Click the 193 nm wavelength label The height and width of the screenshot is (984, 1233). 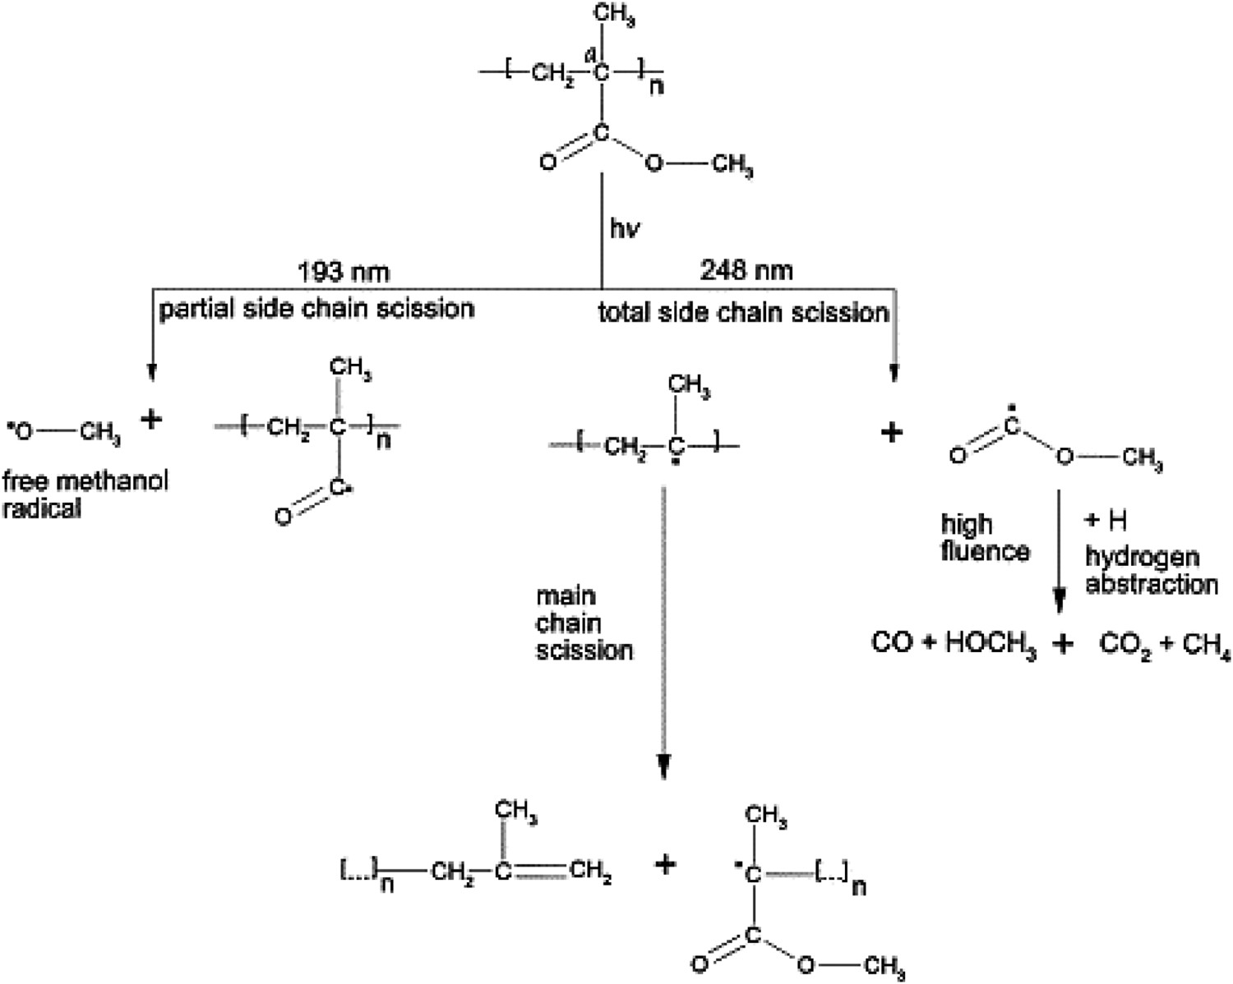click(344, 271)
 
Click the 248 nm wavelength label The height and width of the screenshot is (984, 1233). click(746, 270)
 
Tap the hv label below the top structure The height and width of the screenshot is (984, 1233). click(625, 228)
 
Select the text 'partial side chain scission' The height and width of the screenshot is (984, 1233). click(316, 309)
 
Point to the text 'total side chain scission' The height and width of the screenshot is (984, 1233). click(744, 313)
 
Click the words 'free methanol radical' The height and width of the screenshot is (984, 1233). click(85, 494)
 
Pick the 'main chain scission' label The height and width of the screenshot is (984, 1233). click(584, 624)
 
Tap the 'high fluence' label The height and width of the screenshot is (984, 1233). click(985, 538)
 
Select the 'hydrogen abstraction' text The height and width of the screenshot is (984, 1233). click(1152, 571)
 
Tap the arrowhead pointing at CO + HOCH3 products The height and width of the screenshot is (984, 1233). click(1060, 600)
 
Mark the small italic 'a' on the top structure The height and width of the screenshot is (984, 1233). click(589, 56)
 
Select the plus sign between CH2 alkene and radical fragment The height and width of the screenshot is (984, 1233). click(665, 864)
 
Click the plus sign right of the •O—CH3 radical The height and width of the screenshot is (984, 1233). click(151, 421)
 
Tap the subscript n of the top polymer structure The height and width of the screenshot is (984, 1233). click(656, 86)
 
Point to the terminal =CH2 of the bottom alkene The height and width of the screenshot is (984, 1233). click(590, 871)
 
